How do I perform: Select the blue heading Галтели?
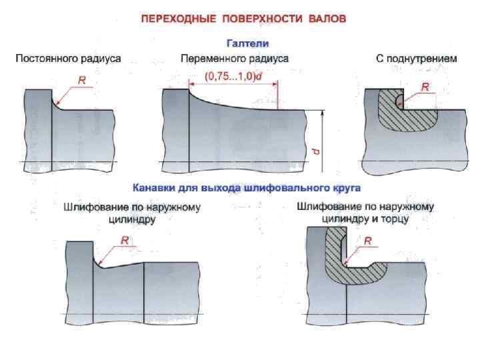248,43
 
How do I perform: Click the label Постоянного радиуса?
68,59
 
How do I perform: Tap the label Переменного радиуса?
235,59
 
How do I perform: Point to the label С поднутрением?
417,59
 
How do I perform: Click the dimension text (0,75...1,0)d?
233,77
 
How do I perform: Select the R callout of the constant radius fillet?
83,79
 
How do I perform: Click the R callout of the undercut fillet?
425,86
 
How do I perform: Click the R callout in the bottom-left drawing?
124,241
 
